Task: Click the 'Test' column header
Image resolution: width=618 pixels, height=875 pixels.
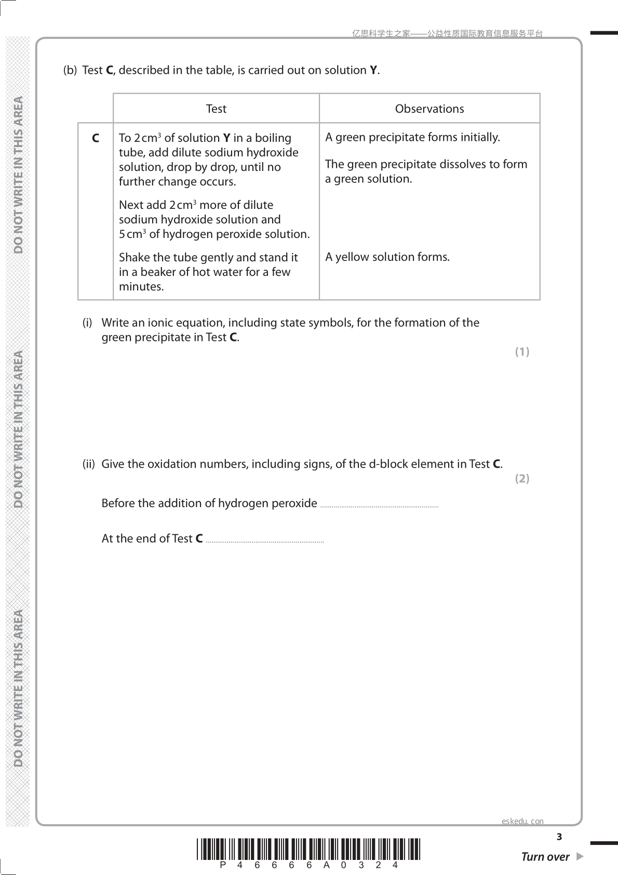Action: point(216,109)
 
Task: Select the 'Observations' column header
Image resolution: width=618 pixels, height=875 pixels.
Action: point(429,109)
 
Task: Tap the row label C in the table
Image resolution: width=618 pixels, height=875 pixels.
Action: point(96,138)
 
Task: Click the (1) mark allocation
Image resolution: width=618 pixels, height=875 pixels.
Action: point(522,352)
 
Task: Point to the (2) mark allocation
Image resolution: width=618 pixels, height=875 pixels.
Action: point(522,479)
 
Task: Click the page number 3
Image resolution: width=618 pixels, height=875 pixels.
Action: point(559,837)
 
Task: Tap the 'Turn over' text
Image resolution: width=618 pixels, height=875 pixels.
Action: point(545,857)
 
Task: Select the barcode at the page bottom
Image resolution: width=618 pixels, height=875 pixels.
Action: point(309,850)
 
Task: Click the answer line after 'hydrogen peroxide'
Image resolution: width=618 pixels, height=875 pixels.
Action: point(380,506)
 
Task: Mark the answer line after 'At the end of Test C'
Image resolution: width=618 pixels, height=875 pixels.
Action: point(265,541)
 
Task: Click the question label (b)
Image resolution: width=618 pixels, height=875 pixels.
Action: point(70,70)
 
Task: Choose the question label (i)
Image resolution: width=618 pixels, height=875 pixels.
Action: point(87,323)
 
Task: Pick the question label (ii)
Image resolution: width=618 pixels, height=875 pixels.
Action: point(89,464)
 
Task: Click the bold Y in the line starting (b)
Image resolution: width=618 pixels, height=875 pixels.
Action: point(373,70)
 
